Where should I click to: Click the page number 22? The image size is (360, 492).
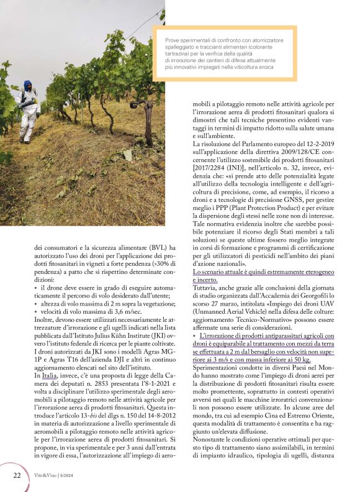tap(17, 475)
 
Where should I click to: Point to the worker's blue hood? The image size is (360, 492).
tap(27, 86)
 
